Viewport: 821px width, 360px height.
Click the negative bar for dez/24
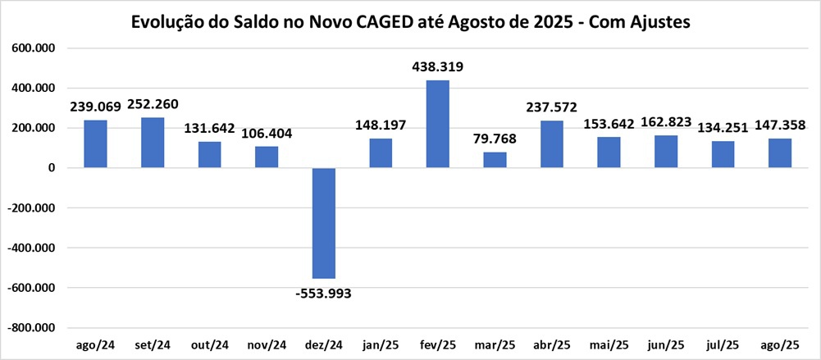323,223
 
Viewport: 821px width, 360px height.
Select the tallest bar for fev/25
437,124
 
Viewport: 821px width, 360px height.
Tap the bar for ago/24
95,144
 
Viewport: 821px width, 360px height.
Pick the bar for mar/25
495,160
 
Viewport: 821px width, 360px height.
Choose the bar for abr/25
551,144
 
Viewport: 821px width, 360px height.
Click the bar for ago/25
780,153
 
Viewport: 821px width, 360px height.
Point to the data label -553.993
323,293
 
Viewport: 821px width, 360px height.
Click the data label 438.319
437,67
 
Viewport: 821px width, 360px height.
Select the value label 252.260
152,104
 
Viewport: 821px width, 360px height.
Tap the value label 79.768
495,139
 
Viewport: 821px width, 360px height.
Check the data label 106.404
266,133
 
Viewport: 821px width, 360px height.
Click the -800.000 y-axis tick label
32,328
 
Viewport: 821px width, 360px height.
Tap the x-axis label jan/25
380,344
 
